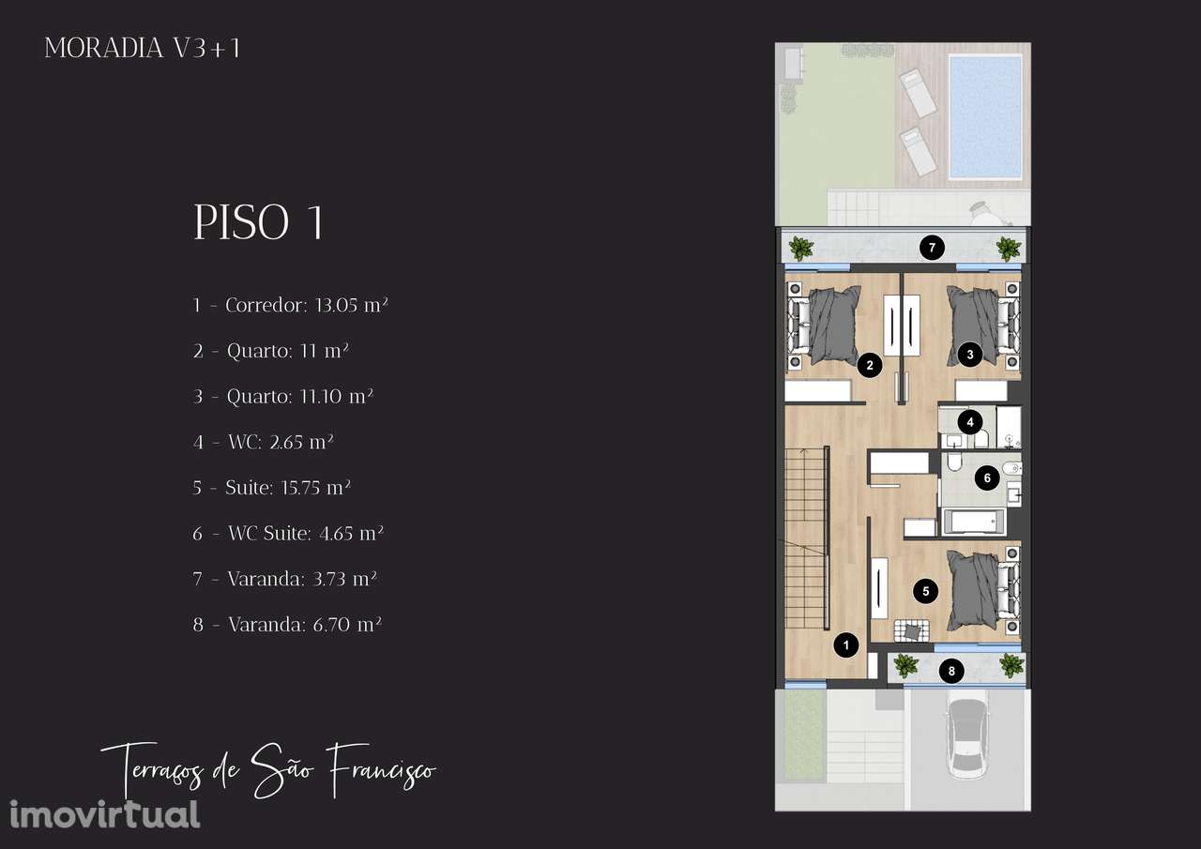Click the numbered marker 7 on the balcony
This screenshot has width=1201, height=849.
coord(932,249)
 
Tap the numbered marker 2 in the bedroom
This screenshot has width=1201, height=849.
coord(870,366)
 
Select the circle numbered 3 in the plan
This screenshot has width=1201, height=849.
coord(970,355)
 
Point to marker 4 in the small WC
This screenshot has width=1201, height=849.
coord(970,422)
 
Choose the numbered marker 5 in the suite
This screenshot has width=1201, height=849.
coord(926,591)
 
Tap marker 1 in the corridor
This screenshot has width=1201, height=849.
coord(846,644)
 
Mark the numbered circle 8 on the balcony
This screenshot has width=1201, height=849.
coord(951,671)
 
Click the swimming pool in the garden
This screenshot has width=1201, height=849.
coord(985,116)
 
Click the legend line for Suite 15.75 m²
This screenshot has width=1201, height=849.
coord(271,488)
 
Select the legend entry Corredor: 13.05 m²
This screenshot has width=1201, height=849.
coord(290,306)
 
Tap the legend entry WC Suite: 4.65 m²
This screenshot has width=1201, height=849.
coord(288,533)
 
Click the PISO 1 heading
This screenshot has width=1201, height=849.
coord(259,222)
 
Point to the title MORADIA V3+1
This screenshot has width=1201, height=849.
coord(142,48)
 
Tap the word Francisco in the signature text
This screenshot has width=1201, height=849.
coord(382,769)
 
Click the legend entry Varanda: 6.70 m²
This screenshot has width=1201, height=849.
coord(287,625)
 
